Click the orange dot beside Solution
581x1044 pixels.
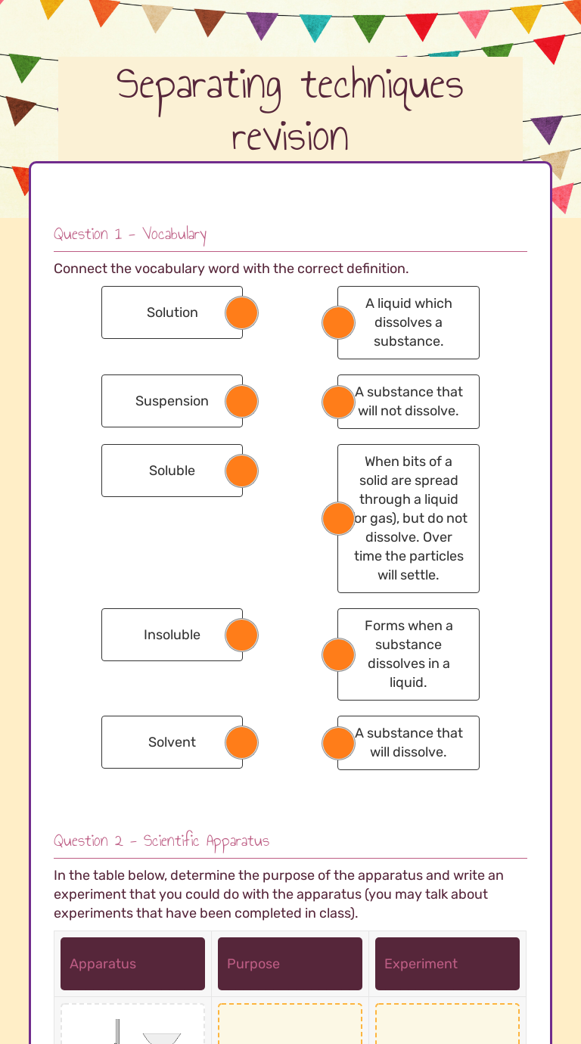pyautogui.click(x=241, y=312)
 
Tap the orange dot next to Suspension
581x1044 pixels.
pyautogui.click(x=241, y=401)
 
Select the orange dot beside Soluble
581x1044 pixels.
pyautogui.click(x=241, y=471)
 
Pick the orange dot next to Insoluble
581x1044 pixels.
pyautogui.click(x=241, y=635)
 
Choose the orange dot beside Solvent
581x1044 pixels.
pyautogui.click(x=241, y=742)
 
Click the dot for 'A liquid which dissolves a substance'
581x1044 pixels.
pyautogui.click(x=338, y=322)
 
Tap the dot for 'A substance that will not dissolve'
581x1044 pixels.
pyautogui.click(x=338, y=402)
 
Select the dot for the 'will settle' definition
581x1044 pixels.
pyautogui.click(x=338, y=518)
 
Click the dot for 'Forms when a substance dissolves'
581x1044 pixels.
pyautogui.click(x=338, y=654)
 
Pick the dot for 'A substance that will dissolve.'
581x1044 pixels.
pyautogui.click(x=338, y=743)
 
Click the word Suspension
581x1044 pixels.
pyautogui.click(x=172, y=401)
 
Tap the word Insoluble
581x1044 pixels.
pyautogui.click(x=172, y=635)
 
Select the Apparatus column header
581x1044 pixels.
pyautogui.click(x=133, y=963)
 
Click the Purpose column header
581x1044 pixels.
pyautogui.click(x=290, y=963)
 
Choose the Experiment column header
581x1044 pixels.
pyautogui.click(x=447, y=963)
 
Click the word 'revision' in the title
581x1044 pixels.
pyautogui.click(x=290, y=137)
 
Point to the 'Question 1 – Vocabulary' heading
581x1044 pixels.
pyautogui.click(x=130, y=234)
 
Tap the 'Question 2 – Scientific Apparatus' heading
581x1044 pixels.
pyautogui.click(x=161, y=840)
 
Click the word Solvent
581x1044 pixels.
pyautogui.click(x=172, y=742)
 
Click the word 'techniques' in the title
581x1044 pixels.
pyautogui.click(x=382, y=87)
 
